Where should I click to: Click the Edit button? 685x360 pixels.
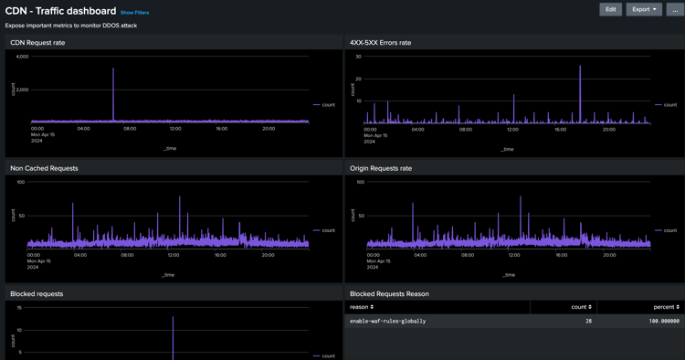[610, 9]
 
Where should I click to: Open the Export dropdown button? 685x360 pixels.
[644, 9]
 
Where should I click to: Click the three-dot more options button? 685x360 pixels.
[675, 9]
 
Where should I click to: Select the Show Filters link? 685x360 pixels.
[134, 13]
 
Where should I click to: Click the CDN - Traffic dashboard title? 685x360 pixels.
[60, 11]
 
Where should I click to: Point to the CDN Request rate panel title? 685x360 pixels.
[37, 43]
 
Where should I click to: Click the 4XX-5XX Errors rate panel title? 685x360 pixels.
[380, 43]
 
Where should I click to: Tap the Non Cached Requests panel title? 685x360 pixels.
[44, 168]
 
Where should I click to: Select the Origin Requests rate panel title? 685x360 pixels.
[380, 168]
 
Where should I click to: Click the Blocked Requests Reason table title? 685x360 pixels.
[389, 294]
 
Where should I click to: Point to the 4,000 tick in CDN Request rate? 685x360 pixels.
[22, 57]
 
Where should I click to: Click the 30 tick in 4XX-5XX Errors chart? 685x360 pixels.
[359, 57]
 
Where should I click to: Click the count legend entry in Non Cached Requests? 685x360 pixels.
[324, 230]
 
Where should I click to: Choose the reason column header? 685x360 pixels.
[361, 307]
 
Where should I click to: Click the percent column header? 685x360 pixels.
[665, 307]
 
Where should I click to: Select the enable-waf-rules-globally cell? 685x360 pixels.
[387, 322]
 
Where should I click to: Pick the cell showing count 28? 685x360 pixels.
[588, 322]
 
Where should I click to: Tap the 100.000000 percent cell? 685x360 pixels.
[660, 322]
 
